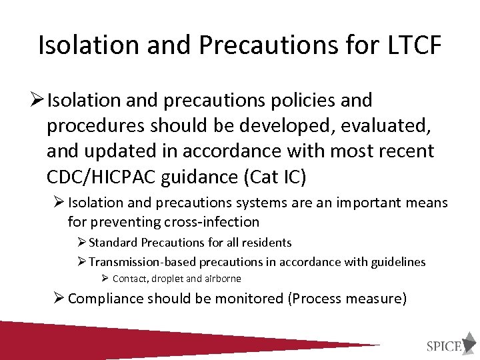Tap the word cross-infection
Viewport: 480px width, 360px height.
tap(209, 221)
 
